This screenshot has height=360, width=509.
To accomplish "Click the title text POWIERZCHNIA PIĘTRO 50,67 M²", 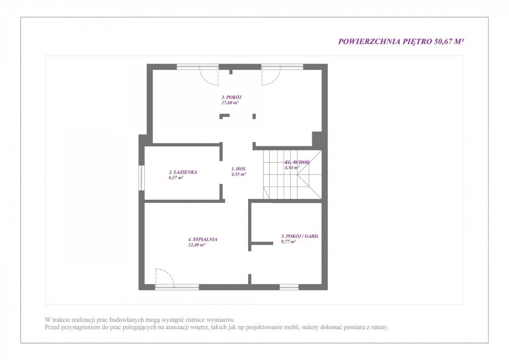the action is click(x=401, y=42).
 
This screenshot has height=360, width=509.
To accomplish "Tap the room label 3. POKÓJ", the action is click(x=232, y=97).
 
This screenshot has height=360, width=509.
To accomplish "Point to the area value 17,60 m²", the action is click(x=230, y=103).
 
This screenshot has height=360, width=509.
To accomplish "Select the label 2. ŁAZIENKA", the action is click(x=183, y=172).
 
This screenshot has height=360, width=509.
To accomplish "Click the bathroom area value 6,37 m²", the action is click(x=176, y=178).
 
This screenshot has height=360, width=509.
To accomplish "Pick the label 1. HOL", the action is click(x=238, y=169).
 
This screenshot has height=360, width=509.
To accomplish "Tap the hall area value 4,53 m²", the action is click(x=238, y=174).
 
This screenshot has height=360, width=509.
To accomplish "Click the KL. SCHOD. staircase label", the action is click(x=297, y=162).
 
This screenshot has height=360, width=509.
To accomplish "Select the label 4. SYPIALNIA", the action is click(x=203, y=240).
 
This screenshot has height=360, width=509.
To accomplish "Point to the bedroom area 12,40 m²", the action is click(x=197, y=245).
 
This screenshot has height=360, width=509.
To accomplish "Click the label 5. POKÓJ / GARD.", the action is click(x=300, y=236).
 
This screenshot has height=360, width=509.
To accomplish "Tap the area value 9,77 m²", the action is click(x=288, y=242).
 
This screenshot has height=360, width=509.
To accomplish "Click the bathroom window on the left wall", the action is click(x=142, y=178).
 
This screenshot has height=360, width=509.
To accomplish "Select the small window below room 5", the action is click(x=289, y=287).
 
